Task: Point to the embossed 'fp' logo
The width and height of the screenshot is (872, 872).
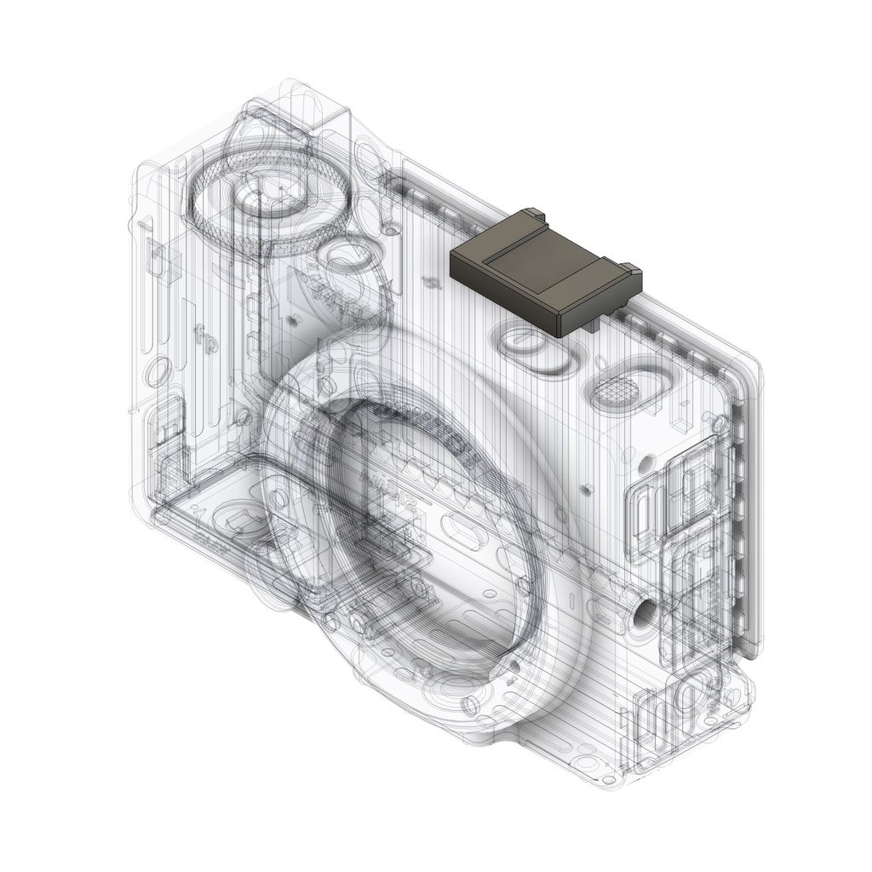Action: [204, 336]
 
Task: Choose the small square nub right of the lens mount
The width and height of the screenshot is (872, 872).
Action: [587, 490]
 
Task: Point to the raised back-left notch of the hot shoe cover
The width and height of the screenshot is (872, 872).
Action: [533, 213]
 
